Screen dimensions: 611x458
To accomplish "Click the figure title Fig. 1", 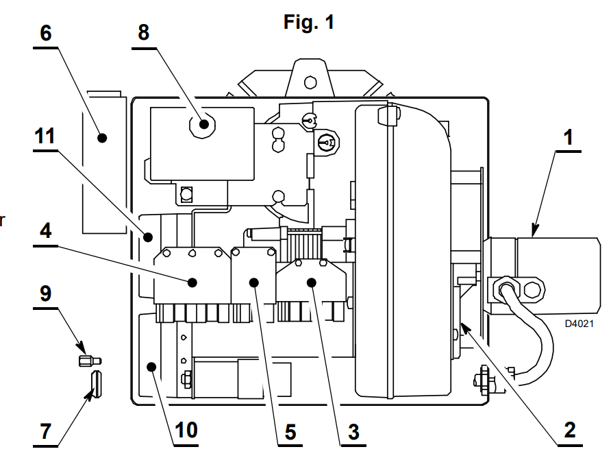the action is [x=309, y=22].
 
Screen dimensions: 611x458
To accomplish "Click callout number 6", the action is [x=46, y=33].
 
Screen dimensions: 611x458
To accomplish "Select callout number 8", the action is [x=143, y=33].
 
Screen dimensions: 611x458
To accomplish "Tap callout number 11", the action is [x=45, y=136].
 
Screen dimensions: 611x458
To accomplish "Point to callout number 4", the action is [x=46, y=230].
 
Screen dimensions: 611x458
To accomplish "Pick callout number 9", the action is [x=45, y=293].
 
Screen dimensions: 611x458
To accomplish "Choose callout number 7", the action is [x=46, y=431].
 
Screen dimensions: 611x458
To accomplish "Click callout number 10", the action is [x=186, y=431].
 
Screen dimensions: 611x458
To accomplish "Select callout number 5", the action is [x=290, y=432].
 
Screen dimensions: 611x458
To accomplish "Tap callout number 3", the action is [x=353, y=432].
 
